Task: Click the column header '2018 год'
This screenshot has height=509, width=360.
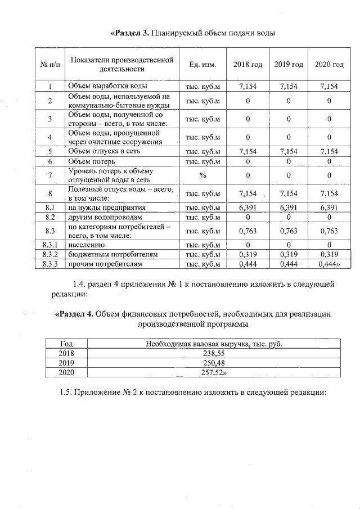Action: [x=247, y=65]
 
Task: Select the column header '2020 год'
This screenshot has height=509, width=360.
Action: [x=328, y=65]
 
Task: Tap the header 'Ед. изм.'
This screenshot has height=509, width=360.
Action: [x=202, y=65]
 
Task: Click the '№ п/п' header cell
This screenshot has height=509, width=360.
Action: [x=50, y=65]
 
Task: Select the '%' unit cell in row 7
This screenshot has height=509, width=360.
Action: [x=202, y=175]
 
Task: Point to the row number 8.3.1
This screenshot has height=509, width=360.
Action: [x=50, y=245]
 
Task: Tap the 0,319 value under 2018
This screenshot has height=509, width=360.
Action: [x=247, y=254]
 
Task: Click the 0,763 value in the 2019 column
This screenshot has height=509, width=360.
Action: [x=289, y=231]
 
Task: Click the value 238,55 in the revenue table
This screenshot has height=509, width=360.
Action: [x=213, y=353]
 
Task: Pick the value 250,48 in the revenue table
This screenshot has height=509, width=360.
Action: [x=213, y=363]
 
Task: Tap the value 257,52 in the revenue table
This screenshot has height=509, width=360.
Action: [x=213, y=372]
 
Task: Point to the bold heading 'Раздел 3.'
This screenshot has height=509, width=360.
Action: [x=130, y=33]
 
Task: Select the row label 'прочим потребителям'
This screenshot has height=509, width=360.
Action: [x=104, y=263]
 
